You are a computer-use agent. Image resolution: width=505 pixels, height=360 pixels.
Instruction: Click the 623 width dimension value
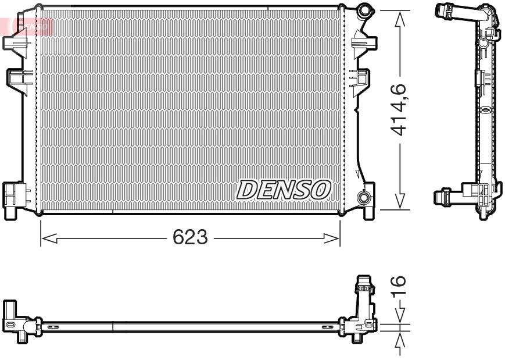coord(190,238)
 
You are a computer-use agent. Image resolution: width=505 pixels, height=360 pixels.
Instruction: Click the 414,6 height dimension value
coord(398,109)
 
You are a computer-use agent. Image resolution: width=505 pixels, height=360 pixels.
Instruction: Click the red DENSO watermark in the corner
coord(32,25)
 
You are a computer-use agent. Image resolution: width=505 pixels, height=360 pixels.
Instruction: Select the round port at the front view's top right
coord(365,10)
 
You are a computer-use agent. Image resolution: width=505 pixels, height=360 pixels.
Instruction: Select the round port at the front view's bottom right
coord(365,198)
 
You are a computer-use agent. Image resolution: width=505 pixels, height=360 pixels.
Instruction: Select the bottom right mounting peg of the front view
coord(368,212)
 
